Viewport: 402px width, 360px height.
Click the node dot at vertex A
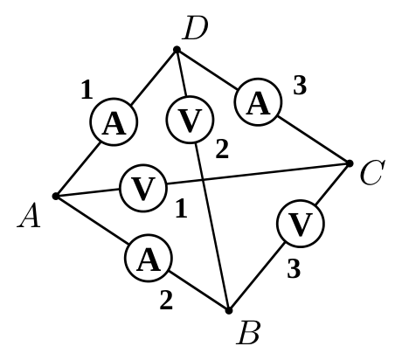(x=56, y=197)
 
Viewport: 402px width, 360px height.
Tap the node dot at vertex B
(x=229, y=310)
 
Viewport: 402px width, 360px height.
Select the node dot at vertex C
(x=350, y=163)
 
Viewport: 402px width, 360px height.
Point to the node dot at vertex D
(x=177, y=50)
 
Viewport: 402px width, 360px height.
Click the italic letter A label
(x=29, y=216)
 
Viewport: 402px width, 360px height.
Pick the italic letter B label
(x=248, y=334)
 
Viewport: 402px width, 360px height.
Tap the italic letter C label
(x=372, y=172)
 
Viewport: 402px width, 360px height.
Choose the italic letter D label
(x=195, y=28)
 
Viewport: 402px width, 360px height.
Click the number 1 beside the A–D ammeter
(x=87, y=90)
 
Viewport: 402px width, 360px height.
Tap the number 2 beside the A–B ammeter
(x=166, y=300)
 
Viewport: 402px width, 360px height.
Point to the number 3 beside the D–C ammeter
(x=300, y=86)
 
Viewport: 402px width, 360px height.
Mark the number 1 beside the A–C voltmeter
(x=182, y=208)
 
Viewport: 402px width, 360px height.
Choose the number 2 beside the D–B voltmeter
(x=222, y=149)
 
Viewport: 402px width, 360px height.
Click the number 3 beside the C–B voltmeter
(x=294, y=269)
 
